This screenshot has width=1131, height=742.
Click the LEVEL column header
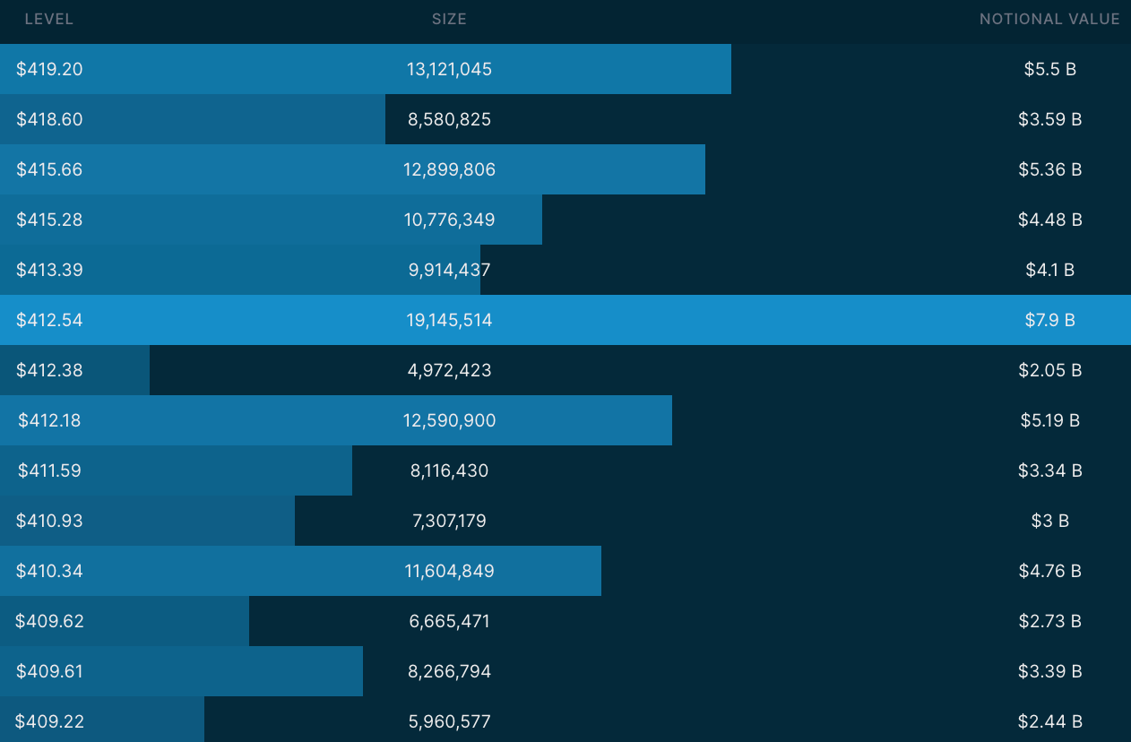coord(49,19)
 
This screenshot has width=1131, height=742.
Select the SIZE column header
coord(449,19)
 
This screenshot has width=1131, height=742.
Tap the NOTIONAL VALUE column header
coord(1049,19)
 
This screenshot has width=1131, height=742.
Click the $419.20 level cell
coord(49,69)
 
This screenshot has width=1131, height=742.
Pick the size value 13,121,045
coord(449,69)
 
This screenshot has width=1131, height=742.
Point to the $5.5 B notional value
coord(1049,69)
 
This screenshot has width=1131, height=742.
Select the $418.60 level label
coord(49,119)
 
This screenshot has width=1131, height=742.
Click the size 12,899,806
coord(449,169)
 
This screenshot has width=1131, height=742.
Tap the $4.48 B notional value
coord(1049,220)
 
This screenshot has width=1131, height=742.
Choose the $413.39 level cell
coord(49,270)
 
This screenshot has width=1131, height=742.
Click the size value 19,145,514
coord(449,320)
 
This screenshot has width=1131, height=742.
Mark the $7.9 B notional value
coord(1049,320)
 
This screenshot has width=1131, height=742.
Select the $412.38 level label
coord(49,370)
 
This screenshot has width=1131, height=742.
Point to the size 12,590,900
coord(449,420)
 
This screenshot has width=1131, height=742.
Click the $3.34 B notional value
coord(1049,470)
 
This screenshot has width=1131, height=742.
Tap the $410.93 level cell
coord(49,521)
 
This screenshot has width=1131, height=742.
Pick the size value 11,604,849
coord(449,571)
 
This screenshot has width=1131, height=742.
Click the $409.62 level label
coord(49,621)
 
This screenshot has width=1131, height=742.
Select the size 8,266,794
coord(449,671)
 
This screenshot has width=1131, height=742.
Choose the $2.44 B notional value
coord(1049,721)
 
